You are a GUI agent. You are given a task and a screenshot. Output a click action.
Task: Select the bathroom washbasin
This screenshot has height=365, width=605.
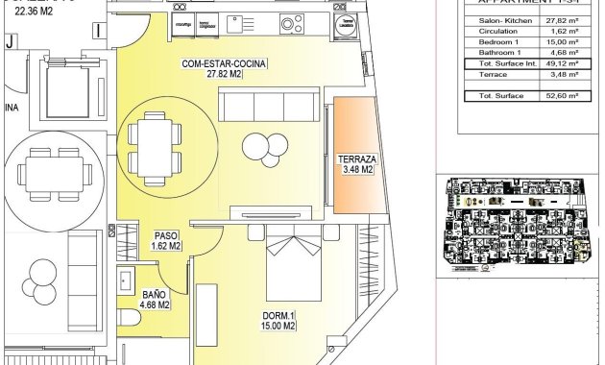click(x=124, y=280)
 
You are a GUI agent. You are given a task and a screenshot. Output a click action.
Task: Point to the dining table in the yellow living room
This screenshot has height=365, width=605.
click(x=154, y=143)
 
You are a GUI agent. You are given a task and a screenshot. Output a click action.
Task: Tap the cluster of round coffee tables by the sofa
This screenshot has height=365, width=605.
click(x=264, y=147)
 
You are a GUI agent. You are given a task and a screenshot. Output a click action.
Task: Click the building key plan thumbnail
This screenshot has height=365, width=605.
click(x=519, y=225)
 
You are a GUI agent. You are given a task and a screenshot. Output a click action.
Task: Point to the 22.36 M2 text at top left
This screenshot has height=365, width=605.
click(x=35, y=12)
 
